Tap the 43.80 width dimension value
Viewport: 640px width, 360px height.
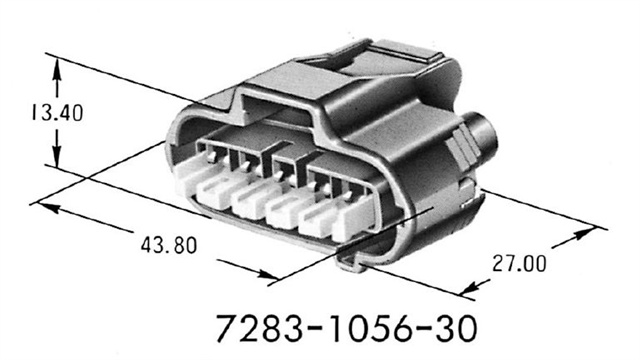165,245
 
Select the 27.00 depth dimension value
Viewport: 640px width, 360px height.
520,264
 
